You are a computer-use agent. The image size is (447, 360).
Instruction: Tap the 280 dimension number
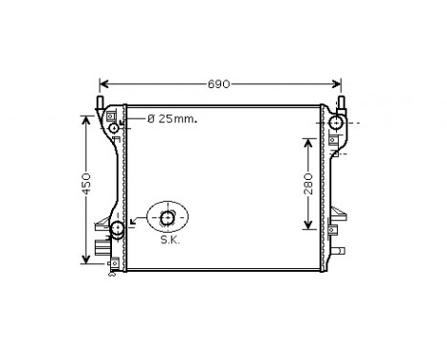[x=308, y=183]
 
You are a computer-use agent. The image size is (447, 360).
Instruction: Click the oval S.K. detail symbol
[x=168, y=219]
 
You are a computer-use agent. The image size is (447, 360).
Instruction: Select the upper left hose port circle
[x=116, y=128]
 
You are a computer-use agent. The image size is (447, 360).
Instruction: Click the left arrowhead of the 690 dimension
[x=103, y=84]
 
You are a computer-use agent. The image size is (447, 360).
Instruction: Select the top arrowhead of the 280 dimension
[x=308, y=140]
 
